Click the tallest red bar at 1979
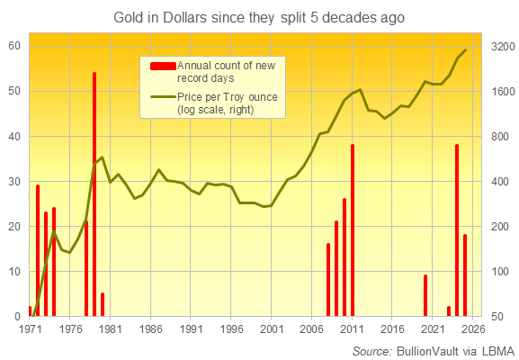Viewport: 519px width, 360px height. (94, 194)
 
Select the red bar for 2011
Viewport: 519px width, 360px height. (353, 230)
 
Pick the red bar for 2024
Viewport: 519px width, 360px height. (457, 230)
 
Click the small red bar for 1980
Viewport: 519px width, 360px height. (103, 305)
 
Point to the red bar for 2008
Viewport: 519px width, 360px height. (328, 280)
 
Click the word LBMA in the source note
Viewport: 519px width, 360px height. (495, 349)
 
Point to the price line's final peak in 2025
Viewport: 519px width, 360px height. (465, 50)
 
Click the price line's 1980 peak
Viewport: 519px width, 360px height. (102, 157)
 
